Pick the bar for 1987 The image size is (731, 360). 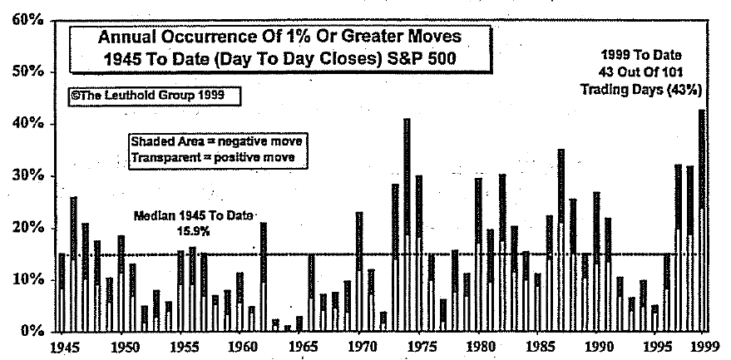pos(561,240)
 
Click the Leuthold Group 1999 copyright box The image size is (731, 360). pos(155,96)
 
